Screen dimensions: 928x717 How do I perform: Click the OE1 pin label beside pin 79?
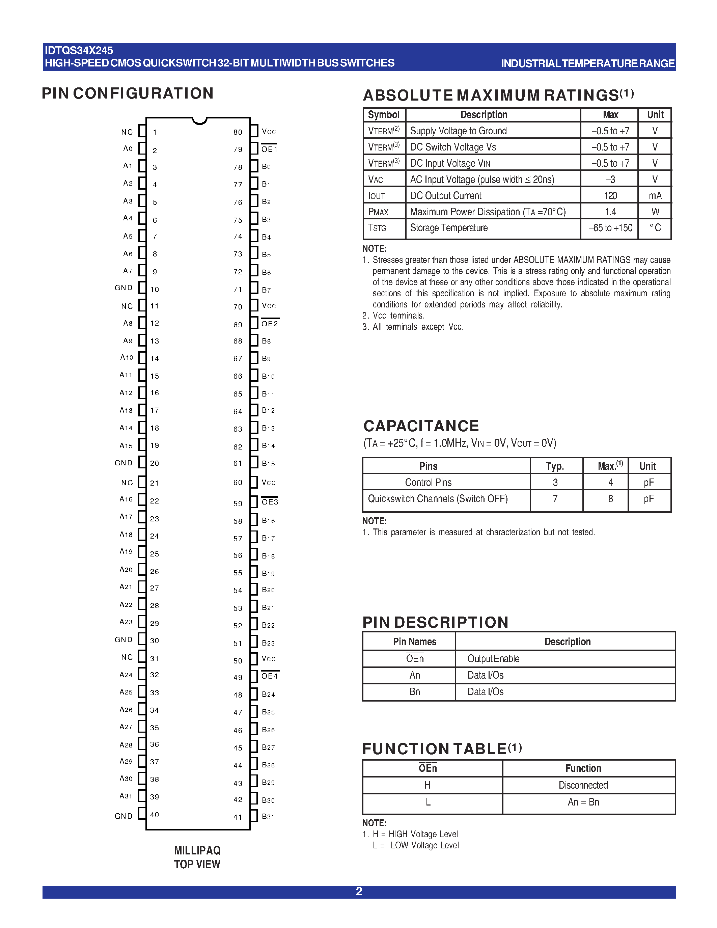click(x=269, y=149)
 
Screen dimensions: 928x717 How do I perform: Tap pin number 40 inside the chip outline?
click(x=155, y=815)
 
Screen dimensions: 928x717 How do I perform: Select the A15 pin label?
click(x=126, y=446)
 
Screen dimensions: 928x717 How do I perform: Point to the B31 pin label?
click(x=268, y=816)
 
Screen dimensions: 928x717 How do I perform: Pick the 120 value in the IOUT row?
click(x=610, y=195)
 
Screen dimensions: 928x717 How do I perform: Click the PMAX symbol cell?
click(x=379, y=212)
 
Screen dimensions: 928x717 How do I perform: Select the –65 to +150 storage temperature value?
click(x=610, y=228)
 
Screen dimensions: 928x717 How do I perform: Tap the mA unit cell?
click(x=655, y=195)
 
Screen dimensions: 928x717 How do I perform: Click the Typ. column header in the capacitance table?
click(x=555, y=466)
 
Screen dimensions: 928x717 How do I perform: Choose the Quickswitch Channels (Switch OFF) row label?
click(x=438, y=498)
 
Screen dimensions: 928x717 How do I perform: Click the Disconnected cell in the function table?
click(x=583, y=785)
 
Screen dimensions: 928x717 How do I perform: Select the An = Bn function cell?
click(x=583, y=802)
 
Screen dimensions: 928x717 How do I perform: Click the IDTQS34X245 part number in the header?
click(x=79, y=51)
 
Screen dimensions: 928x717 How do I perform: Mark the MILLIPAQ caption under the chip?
click(x=197, y=850)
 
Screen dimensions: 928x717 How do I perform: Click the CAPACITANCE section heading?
click(x=421, y=426)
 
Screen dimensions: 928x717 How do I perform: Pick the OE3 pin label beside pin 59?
click(x=270, y=502)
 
